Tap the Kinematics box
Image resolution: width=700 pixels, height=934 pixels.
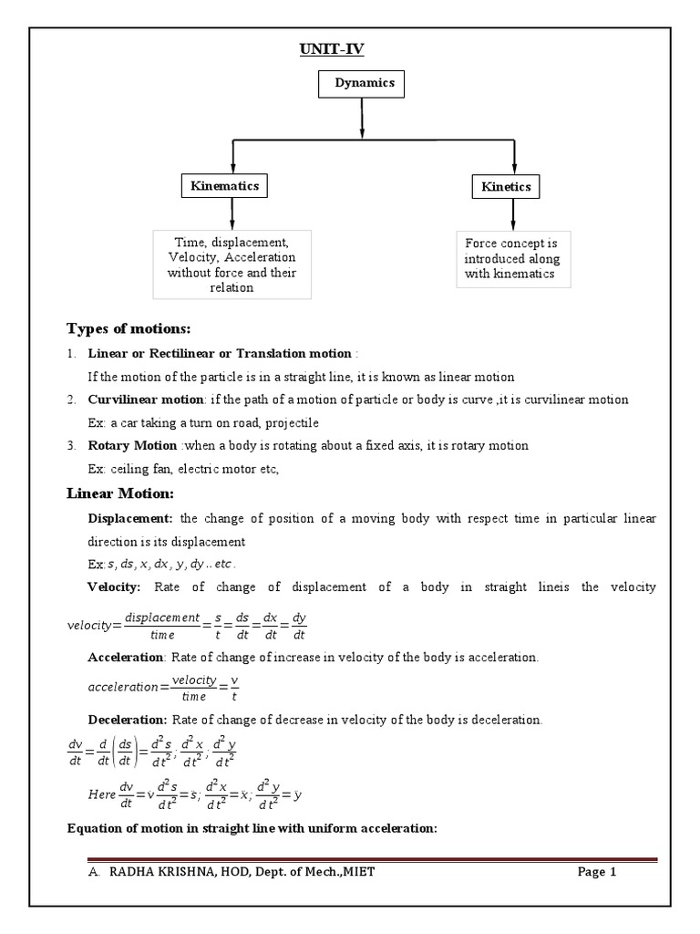[x=224, y=186]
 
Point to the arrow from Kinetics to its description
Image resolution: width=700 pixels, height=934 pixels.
[x=513, y=214]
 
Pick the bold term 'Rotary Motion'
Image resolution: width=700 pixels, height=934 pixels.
[x=132, y=445]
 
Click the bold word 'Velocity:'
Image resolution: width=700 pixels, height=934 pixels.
[x=114, y=586]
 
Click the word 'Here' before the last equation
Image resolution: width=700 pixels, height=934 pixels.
[x=102, y=794]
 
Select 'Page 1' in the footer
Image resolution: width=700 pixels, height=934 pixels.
[x=597, y=872]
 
